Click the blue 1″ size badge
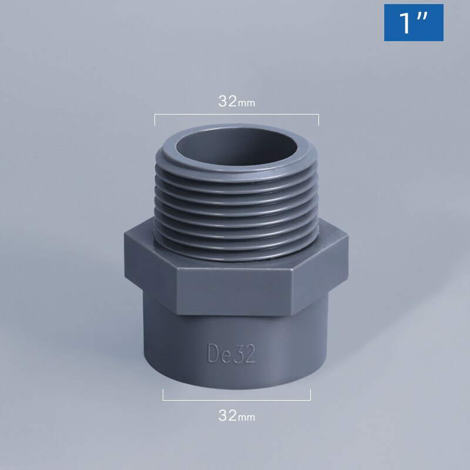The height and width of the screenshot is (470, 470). [x=414, y=22]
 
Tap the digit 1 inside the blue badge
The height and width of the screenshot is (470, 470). [x=405, y=22]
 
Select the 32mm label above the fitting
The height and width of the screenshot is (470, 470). [x=237, y=101]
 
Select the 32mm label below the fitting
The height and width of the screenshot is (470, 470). [x=237, y=416]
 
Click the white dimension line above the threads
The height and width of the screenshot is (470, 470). [x=237, y=115]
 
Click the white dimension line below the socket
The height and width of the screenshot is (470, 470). [x=237, y=400]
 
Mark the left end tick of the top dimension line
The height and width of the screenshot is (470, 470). [x=155, y=119]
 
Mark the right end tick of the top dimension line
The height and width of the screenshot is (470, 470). [x=318, y=119]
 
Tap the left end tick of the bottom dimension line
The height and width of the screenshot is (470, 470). [x=163, y=395]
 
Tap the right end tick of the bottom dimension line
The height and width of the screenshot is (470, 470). [x=310, y=395]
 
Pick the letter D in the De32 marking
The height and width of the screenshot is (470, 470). [x=214, y=354]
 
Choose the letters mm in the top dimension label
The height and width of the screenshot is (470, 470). [x=247, y=103]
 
